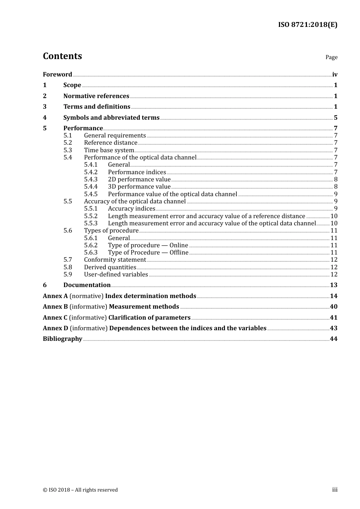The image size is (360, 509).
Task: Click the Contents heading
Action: (x=62, y=56)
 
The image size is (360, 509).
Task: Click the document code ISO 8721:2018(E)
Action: (x=307, y=25)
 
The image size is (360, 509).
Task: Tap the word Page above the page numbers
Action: (x=331, y=57)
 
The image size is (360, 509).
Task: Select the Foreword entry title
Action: (x=57, y=75)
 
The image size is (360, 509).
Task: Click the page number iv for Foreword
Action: (x=335, y=75)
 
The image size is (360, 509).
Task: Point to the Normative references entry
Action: (x=96, y=96)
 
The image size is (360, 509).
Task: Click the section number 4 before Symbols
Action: (x=45, y=118)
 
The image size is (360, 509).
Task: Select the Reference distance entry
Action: (x=111, y=143)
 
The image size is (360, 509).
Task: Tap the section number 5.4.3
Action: (x=91, y=180)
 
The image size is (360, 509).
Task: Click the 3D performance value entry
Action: (x=139, y=187)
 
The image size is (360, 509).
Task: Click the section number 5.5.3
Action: (x=91, y=223)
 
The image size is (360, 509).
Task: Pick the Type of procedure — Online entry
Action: (x=148, y=245)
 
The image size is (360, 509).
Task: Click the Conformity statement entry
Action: (x=115, y=260)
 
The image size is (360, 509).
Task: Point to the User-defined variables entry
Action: (x=116, y=275)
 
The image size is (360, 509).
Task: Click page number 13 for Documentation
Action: (x=333, y=285)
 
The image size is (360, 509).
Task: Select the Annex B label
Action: (x=55, y=307)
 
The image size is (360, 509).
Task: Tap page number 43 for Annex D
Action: (x=333, y=328)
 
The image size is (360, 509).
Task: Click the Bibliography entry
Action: (x=63, y=339)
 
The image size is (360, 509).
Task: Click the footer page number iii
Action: (x=335, y=490)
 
